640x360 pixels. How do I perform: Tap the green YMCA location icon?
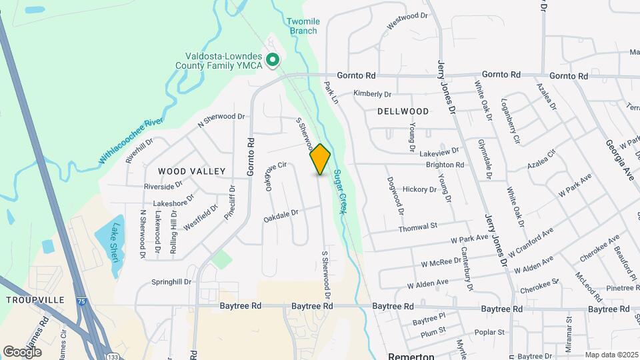tap(272, 61)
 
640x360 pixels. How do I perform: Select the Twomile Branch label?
tap(303, 26)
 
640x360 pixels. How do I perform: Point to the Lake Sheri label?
tap(115, 243)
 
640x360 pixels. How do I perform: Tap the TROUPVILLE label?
tap(34, 301)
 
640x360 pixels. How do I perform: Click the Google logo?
tap(23, 351)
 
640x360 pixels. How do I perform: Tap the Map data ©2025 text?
tap(611, 355)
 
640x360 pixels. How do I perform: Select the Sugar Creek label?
tap(341, 192)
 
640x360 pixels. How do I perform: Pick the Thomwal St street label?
tap(417, 227)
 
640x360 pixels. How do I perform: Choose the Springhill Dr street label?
tap(171, 281)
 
